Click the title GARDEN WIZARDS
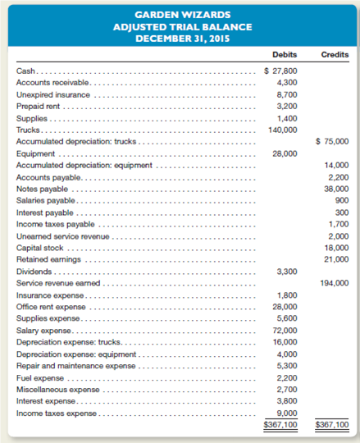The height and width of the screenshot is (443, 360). (x=180, y=14)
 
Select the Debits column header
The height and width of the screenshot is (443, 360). (x=284, y=55)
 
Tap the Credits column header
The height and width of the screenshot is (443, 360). (x=334, y=55)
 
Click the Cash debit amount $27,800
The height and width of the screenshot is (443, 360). (x=281, y=71)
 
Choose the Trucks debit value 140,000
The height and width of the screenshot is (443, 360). (x=283, y=130)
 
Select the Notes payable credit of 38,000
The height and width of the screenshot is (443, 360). (x=336, y=188)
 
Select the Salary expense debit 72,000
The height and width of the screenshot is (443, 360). (x=285, y=328)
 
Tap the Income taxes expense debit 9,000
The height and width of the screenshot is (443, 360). (x=285, y=413)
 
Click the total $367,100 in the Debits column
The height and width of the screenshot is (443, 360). (x=281, y=425)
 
